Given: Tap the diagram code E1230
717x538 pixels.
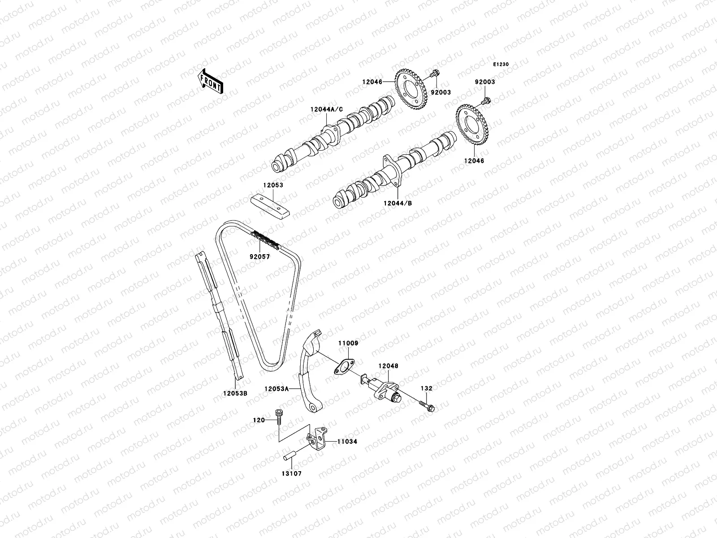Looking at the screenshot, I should tap(501, 65).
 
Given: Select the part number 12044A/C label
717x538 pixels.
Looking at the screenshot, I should tap(326, 109).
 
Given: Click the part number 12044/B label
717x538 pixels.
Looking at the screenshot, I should tap(397, 203).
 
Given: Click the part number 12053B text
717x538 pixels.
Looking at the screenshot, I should tap(235, 393).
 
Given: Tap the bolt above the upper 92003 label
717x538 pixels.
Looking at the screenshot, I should tap(434, 75).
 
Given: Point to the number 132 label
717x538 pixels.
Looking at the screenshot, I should tap(426, 388).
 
